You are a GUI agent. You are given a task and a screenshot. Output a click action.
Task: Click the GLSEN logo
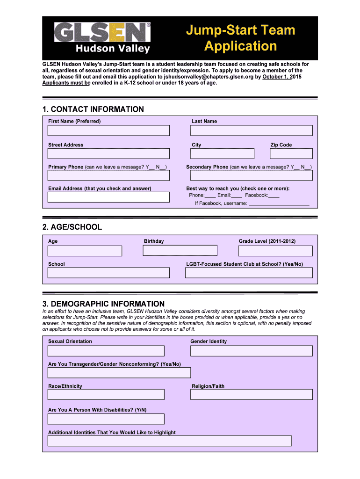pyautogui.click(x=102, y=38)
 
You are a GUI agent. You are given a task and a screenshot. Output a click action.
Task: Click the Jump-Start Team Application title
pyautogui.click(x=241, y=38)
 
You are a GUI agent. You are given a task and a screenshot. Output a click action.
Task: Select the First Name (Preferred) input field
pyautogui.click(x=108, y=131)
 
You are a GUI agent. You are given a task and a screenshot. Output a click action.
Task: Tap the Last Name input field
pyautogui.click(x=252, y=131)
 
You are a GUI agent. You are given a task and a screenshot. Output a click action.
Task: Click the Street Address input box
pyautogui.click(x=108, y=153)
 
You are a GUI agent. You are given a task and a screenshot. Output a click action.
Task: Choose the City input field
pyautogui.click(x=222, y=153)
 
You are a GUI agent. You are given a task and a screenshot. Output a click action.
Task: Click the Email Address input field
pyautogui.click(x=108, y=196)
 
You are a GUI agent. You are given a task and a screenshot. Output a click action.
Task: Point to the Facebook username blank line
pyautogui.click(x=279, y=204)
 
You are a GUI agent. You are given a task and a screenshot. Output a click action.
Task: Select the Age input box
pyautogui.click(x=85, y=251)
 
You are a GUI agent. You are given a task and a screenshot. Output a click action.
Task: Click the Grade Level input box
pyautogui.click(x=275, y=251)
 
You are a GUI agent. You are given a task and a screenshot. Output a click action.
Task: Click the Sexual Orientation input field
pyautogui.click(x=106, y=351)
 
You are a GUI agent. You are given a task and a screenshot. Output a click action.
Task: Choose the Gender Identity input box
pyautogui.click(x=252, y=351)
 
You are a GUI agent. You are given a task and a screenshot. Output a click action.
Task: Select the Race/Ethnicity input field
pyautogui.click(x=106, y=394)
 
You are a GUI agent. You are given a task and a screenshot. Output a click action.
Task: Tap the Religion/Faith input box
pyautogui.click(x=252, y=394)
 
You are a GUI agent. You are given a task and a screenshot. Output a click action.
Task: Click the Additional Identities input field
pyautogui.click(x=169, y=441)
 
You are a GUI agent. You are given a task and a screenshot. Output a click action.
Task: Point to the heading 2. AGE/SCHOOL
pyautogui.click(x=72, y=227)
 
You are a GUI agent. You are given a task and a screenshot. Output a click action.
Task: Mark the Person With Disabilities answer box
pyautogui.click(x=106, y=419)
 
